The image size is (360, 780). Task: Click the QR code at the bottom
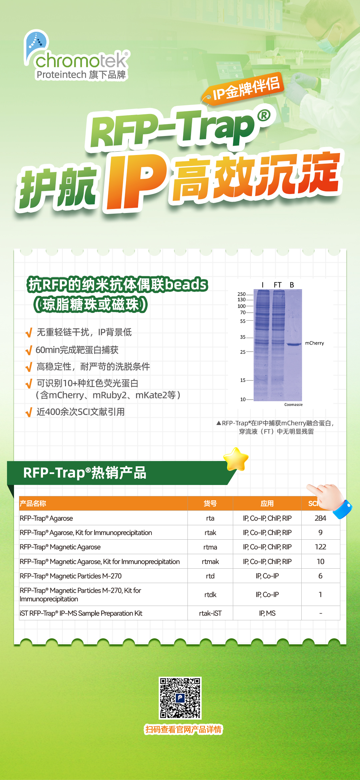pos(180,698)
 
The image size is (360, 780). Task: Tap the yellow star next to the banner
pos(236,459)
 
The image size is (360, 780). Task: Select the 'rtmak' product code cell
pos(210,562)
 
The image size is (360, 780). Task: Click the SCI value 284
pos(320,518)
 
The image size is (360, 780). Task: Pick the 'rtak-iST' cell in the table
pos(210,613)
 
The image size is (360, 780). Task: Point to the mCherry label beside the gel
pos(314,343)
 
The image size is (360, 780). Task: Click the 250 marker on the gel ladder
pos(241,294)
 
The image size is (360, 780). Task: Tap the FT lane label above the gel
pos(278,285)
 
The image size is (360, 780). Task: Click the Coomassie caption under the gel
pos(293,404)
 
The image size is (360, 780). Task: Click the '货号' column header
pos(210,503)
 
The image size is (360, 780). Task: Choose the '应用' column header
pos(267,503)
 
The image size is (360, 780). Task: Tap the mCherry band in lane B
pos(294,344)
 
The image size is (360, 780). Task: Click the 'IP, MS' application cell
pos(267,613)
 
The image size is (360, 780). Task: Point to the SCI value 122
pos(320,547)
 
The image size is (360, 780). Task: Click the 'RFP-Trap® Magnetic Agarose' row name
pos(60,547)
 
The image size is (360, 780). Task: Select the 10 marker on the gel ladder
pos(243,399)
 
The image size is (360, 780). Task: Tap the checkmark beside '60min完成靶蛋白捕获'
pos(29,350)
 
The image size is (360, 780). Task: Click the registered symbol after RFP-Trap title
pos(264,115)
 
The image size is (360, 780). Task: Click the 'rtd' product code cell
pos(210,576)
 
